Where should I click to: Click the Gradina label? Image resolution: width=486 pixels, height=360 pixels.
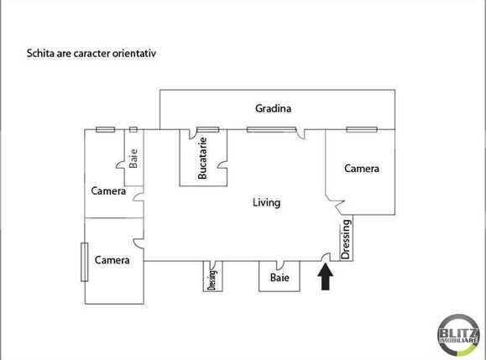[273, 107]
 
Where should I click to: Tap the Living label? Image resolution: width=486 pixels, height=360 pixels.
[266, 202]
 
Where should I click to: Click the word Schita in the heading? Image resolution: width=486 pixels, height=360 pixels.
[42, 52]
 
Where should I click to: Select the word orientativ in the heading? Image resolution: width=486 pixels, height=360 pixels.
[133, 52]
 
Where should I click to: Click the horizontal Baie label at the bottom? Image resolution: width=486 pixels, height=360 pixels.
[280, 278]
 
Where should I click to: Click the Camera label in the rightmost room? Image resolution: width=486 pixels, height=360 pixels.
[362, 169]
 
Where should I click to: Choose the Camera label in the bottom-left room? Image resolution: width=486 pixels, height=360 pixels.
[112, 260]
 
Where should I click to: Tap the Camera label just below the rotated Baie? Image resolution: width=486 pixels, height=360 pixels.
[109, 191]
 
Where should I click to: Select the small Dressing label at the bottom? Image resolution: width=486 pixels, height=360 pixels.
[212, 279]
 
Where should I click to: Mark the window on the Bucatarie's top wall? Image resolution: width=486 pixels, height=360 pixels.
[207, 129]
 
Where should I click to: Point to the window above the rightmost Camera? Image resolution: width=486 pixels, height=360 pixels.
[360, 129]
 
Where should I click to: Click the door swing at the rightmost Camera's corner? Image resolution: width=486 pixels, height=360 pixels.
[337, 203]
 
